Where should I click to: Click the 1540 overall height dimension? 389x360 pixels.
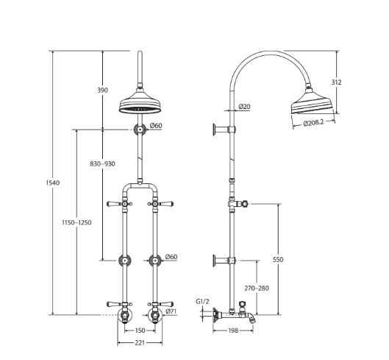pos(53,183)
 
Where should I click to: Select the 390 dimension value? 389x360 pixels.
pos(102,90)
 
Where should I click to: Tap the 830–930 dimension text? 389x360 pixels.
pos(102,163)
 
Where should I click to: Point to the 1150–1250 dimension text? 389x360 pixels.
pos(77,222)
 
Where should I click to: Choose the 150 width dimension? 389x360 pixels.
pos(139,331)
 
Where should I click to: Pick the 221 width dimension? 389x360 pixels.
pos(139,342)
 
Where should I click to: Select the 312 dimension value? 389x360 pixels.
pos(336,82)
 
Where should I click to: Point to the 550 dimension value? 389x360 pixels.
pos(277,259)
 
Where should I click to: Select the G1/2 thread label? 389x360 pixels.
pos(203,301)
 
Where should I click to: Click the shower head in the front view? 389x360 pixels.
pos(138,107)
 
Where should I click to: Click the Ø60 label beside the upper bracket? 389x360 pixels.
pos(155,126)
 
